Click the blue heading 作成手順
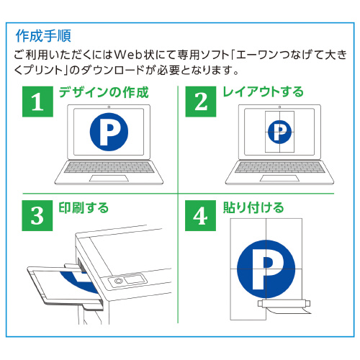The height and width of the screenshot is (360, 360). pos(43,36)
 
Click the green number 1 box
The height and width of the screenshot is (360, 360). pos(37,102)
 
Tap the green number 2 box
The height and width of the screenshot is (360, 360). pos(201,102)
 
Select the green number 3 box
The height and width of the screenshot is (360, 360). pos(37,215)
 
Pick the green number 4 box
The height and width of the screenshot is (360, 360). pos(200,215)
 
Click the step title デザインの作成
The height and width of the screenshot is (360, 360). pos(104,92)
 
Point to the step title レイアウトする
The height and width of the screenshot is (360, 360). pos(264,92)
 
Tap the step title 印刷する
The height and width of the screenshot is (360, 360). pos(84,208)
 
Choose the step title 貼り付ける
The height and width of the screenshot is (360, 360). pos(253,208)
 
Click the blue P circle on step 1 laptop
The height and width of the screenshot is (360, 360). pos(109,132)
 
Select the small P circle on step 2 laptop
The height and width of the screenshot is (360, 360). pos(279,132)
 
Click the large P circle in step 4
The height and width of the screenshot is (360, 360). pos(266,269)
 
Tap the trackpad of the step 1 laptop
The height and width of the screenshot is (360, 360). pos(109,179)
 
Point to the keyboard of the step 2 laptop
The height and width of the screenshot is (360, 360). pos(279,167)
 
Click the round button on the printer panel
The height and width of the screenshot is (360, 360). pos(118,281)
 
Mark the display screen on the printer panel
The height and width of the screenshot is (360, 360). pos(135,279)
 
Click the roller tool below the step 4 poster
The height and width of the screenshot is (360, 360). pos(284,304)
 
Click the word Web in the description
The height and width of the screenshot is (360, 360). pos(128,55)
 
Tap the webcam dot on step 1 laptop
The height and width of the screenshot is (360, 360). pos(109,107)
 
